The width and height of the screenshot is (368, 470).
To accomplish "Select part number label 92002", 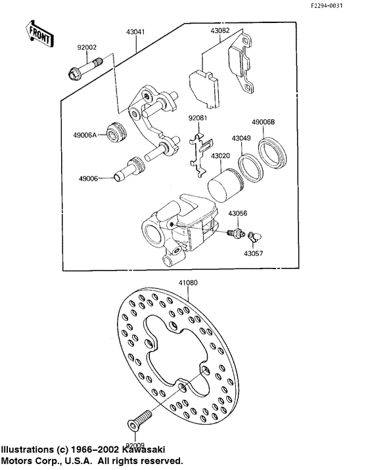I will pyautogui.click(x=87, y=47).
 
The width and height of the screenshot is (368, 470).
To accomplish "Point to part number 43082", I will pyautogui.click(x=220, y=31).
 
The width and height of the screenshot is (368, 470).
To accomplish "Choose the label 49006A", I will pyautogui.click(x=85, y=135).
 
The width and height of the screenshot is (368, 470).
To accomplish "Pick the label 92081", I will pyautogui.click(x=198, y=119).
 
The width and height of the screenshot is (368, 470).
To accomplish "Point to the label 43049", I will pyautogui.click(x=239, y=139).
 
